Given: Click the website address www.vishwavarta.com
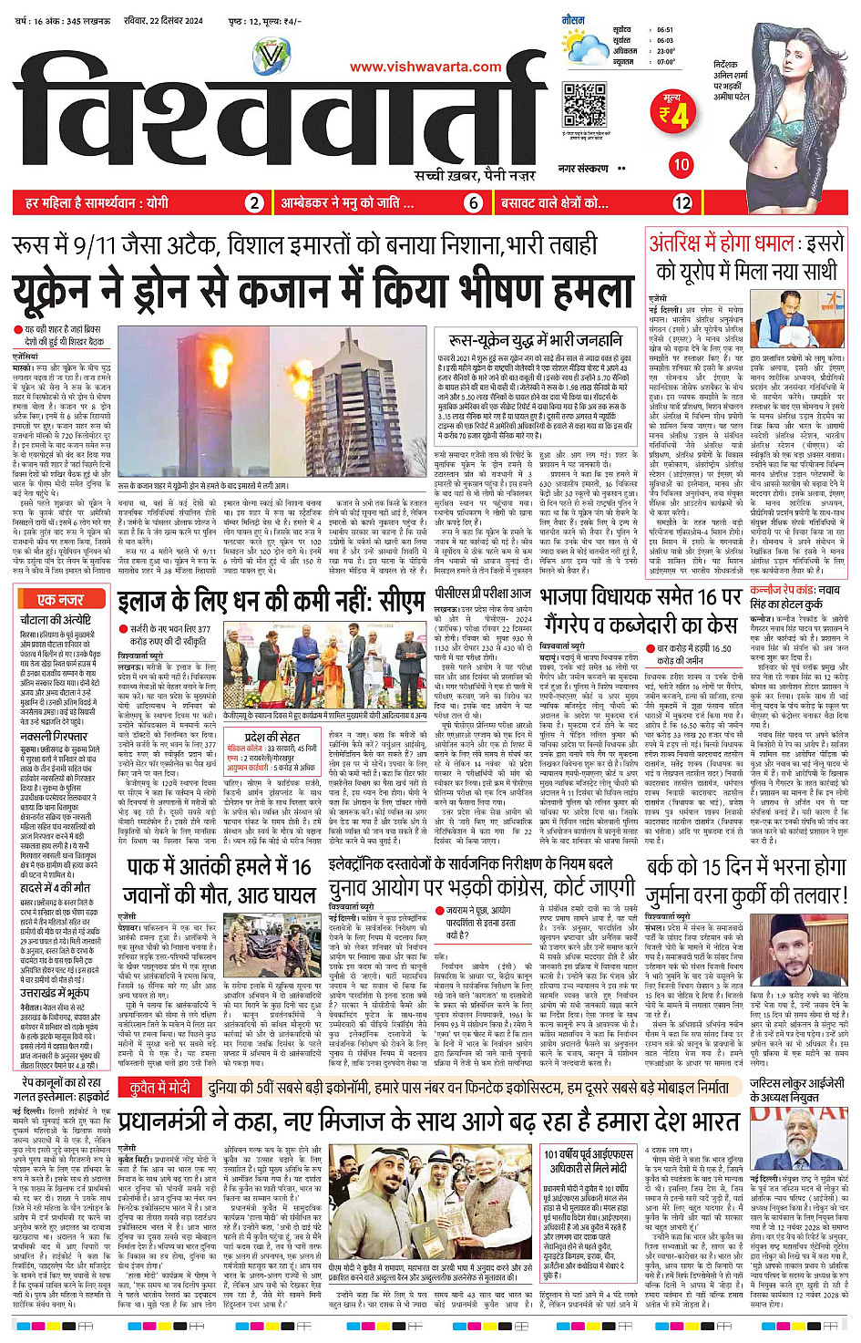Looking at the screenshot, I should coord(425,67).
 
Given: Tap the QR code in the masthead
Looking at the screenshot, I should coord(584,105).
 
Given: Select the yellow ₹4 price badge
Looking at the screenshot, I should coord(674,114).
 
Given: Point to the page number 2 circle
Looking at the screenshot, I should coord(255,203).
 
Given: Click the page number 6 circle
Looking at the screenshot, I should coord(473,203).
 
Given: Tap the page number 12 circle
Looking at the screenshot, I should coord(682,203).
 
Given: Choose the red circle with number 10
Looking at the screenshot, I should coord(681,165).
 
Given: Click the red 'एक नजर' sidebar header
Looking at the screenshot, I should coord(61,600).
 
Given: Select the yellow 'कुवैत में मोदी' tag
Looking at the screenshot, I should coord(159,1088).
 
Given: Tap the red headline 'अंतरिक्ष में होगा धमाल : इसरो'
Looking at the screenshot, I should coord(746,244).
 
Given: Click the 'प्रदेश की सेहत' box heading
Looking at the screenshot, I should coord(270,736).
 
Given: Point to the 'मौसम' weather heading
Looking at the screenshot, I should coord(573,19).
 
